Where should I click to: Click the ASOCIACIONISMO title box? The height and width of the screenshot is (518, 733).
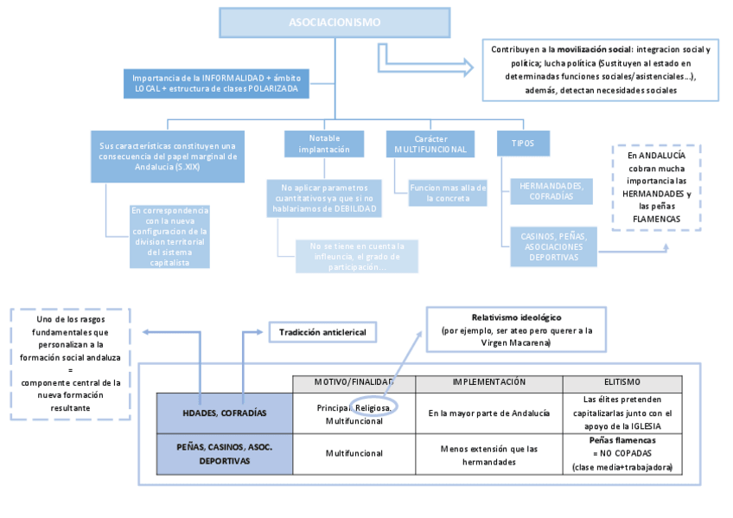[335, 22]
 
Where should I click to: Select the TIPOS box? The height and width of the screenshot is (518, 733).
[523, 144]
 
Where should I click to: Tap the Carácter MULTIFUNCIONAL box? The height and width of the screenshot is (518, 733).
[430, 144]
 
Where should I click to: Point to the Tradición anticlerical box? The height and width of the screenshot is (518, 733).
[322, 332]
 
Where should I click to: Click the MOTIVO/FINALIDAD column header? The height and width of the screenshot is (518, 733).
[354, 381]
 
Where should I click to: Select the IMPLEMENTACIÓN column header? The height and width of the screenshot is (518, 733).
[488, 381]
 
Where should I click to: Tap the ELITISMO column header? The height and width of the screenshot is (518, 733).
[623, 381]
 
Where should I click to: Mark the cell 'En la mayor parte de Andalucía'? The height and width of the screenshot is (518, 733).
[488, 412]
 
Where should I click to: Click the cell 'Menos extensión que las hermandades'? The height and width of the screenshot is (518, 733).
[488, 455]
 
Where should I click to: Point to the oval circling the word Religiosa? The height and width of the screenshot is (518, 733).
[376, 406]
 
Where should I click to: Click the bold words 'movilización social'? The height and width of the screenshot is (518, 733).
[594, 49]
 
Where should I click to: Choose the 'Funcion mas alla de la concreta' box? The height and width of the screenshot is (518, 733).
[447, 192]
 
